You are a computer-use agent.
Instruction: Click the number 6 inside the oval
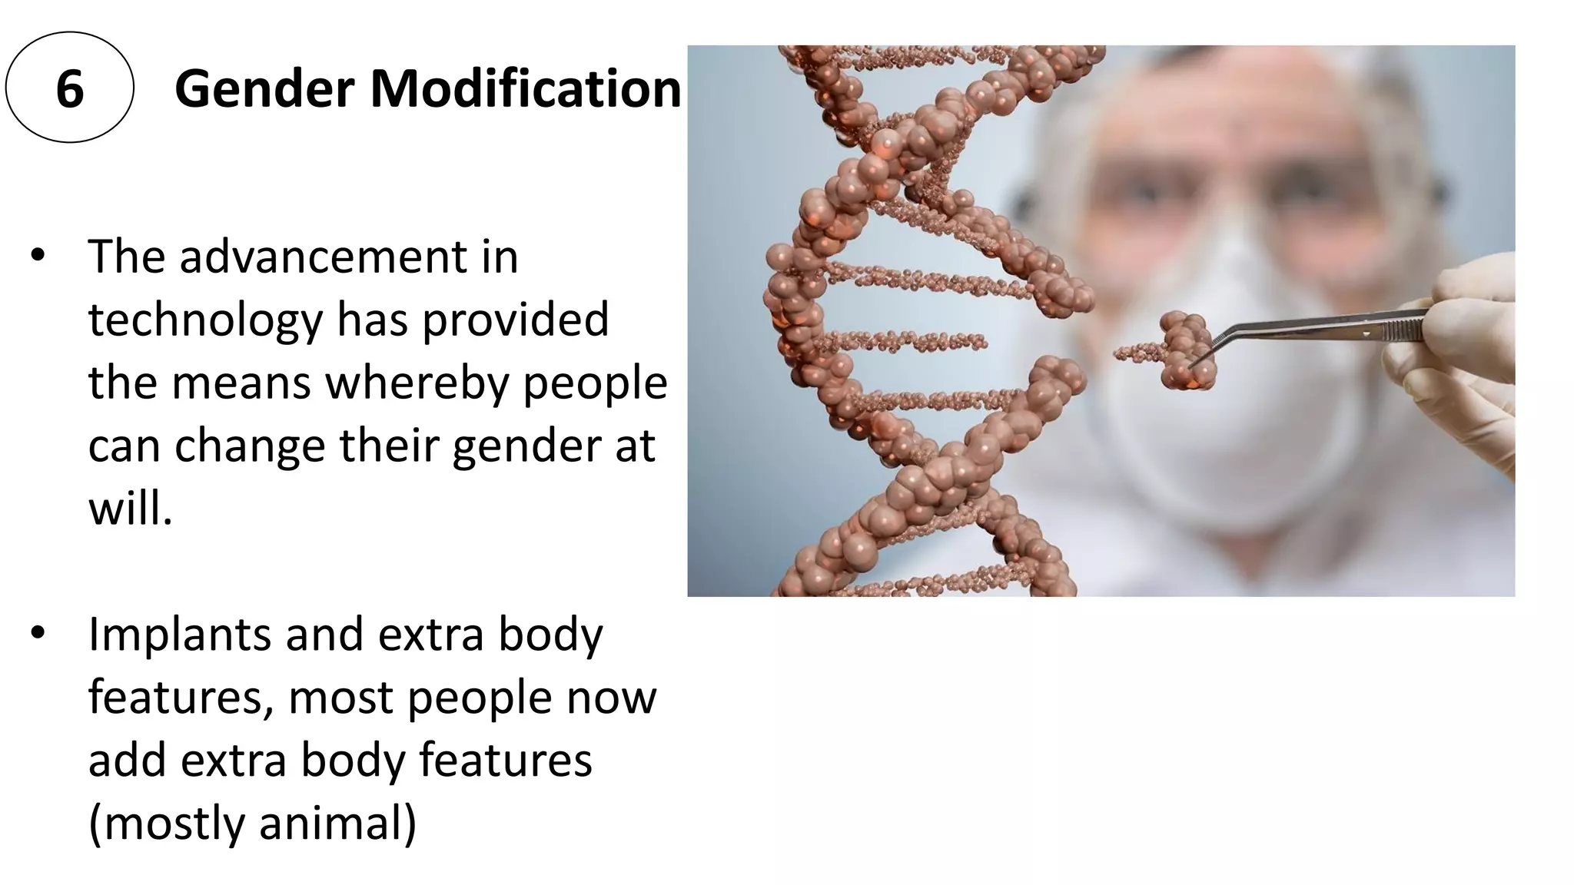coord(69,89)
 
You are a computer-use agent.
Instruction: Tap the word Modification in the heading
coord(526,89)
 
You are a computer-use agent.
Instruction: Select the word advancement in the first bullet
coord(323,257)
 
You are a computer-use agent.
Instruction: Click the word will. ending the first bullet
coord(131,509)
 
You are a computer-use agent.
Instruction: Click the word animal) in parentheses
coord(338,824)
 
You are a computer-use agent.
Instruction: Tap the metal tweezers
coord(1322,326)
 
